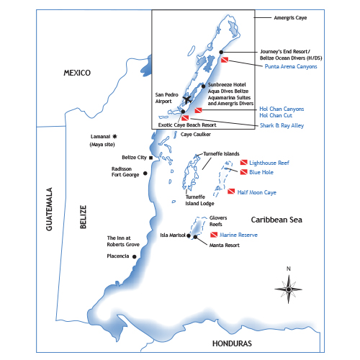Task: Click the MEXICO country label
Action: [77, 73]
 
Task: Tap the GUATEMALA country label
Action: [49, 209]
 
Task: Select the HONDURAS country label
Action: [232, 343]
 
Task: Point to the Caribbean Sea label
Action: [276, 220]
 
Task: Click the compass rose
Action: [289, 289]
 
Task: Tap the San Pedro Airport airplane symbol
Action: [187, 99]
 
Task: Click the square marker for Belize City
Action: [151, 158]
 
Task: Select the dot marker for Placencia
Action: [135, 257]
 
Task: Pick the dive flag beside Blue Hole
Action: [244, 172]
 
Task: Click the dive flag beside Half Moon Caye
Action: [231, 192]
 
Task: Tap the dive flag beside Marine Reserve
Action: [214, 235]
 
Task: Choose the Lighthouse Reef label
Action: [269, 163]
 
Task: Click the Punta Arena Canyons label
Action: [291, 66]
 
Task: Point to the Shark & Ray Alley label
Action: [282, 125]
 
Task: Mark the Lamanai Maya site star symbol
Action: [114, 137]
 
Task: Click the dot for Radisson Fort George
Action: [145, 174]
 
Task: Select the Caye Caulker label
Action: [196, 135]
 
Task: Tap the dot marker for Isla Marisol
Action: [189, 235]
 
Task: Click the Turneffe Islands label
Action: [221, 153]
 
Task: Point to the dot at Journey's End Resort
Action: [221, 52]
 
